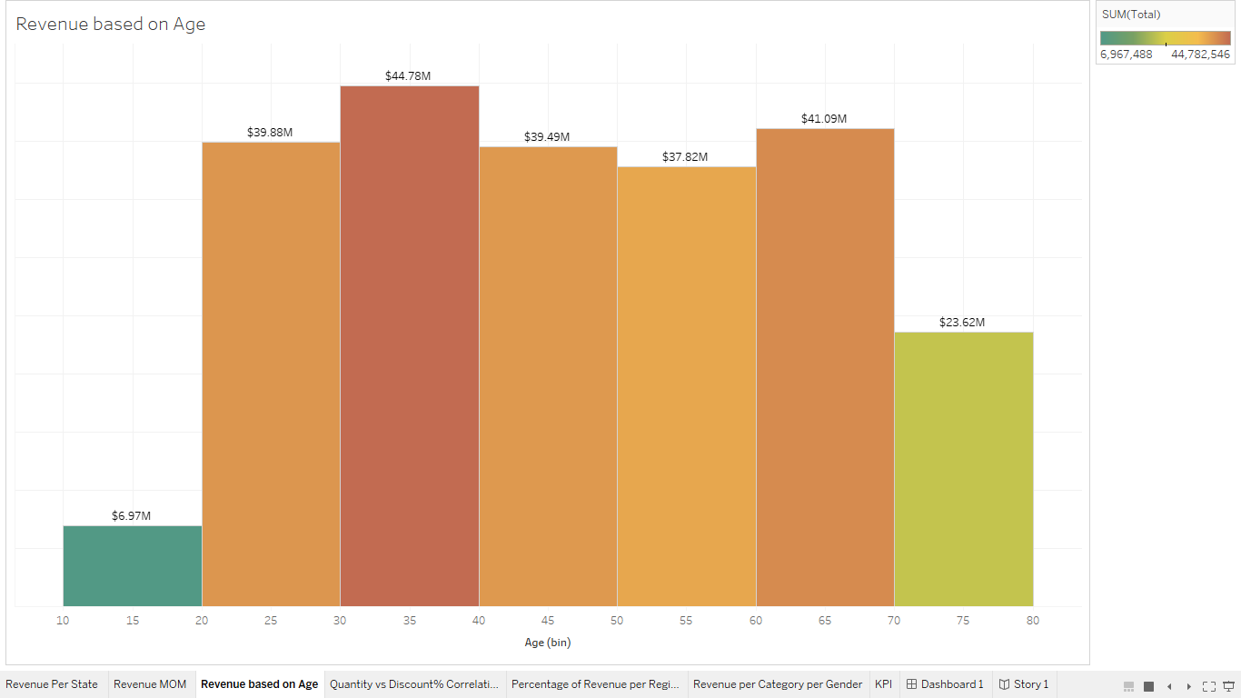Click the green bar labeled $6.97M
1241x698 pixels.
(x=133, y=565)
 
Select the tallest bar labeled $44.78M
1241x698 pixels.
(x=410, y=345)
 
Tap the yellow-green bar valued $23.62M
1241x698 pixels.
(x=963, y=468)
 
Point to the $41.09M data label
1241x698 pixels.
(x=824, y=119)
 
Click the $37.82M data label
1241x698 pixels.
(x=685, y=157)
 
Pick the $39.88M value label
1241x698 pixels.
(x=270, y=133)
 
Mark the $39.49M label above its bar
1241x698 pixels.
(x=547, y=137)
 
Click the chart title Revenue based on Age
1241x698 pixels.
(x=111, y=25)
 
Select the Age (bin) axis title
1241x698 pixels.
(x=548, y=643)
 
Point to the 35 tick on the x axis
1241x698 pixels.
(x=410, y=621)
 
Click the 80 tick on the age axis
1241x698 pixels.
(x=1033, y=621)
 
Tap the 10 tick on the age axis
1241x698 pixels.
(x=63, y=621)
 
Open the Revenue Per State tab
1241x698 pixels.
(x=52, y=684)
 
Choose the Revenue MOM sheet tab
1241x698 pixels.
(x=150, y=684)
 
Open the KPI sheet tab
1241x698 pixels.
(x=883, y=684)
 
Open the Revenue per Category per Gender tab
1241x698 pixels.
(x=778, y=684)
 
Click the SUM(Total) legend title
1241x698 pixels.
(x=1131, y=15)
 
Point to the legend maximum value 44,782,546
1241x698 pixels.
(x=1200, y=55)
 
